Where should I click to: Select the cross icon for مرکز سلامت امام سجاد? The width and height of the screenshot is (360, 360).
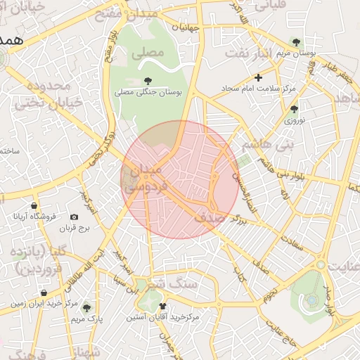(259, 77)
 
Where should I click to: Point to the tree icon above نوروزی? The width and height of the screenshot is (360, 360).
(294, 109)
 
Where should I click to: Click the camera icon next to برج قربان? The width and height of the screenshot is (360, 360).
(75, 217)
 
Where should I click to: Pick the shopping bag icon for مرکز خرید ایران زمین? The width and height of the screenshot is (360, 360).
(44, 292)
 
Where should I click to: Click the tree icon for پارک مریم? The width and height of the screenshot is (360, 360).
(86, 307)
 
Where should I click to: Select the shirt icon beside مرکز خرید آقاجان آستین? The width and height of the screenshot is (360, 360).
(164, 307)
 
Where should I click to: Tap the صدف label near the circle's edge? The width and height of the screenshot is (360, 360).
(210, 219)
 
